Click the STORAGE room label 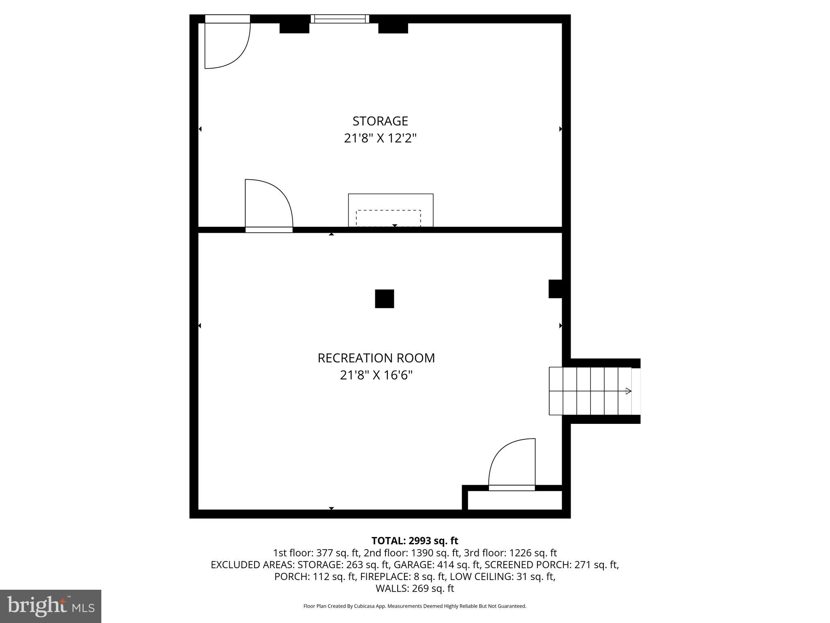tap(380, 121)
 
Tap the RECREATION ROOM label tap(376, 358)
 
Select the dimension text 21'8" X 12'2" tap(380, 138)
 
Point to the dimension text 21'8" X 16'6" tap(376, 375)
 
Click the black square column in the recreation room tap(384, 299)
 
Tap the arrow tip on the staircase tap(628, 391)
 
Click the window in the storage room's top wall tap(340, 19)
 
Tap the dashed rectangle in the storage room tap(388, 218)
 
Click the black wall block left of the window tap(295, 28)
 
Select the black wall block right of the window tap(393, 28)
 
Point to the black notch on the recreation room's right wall tap(555, 289)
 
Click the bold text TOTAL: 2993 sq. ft tap(415, 541)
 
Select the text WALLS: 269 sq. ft tap(415, 588)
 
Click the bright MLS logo tap(51, 606)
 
